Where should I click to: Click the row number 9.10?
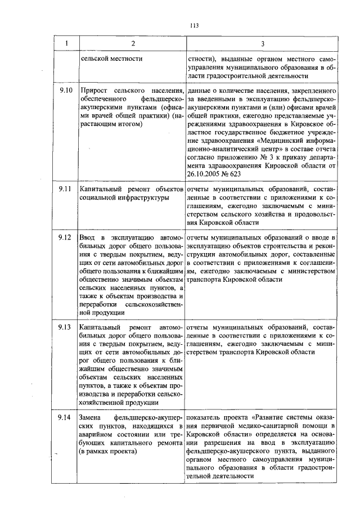[x=65, y=89]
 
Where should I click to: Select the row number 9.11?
[x=65, y=189]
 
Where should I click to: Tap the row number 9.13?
[x=65, y=327]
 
